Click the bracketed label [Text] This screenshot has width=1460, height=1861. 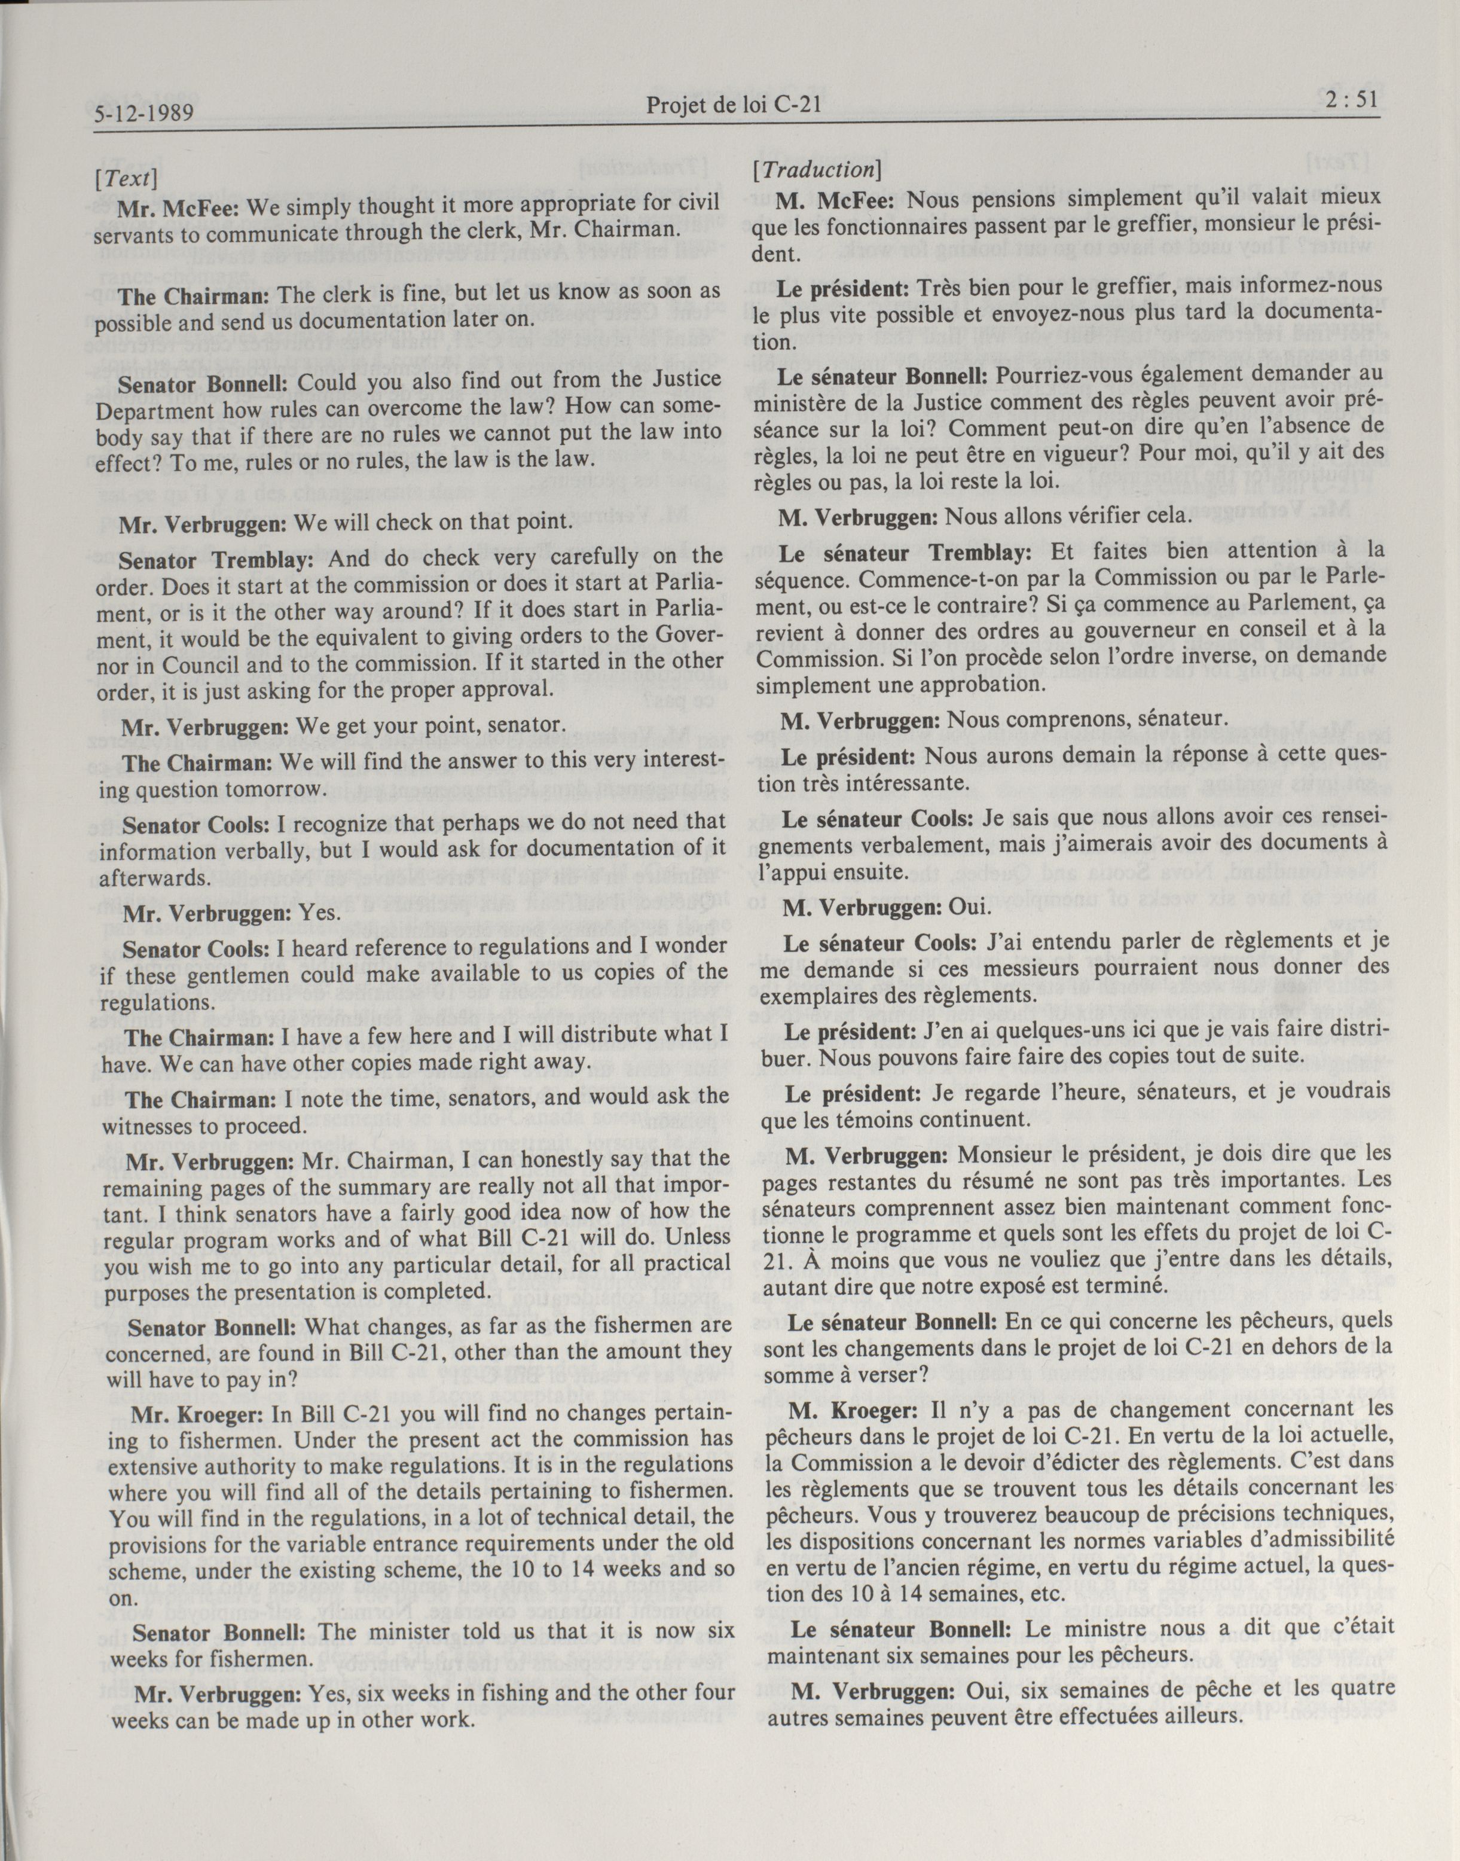(127, 178)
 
